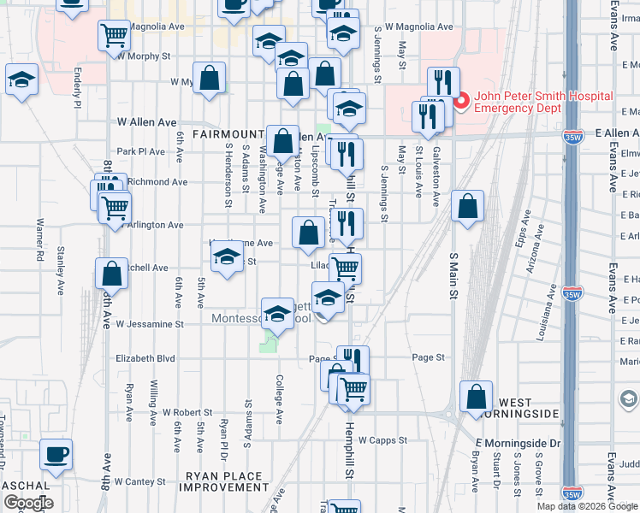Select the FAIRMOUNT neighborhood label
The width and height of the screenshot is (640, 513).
(228, 134)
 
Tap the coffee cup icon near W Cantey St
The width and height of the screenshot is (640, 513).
(56, 454)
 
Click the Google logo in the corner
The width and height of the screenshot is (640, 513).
(27, 503)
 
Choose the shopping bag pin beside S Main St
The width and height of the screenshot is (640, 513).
(467, 206)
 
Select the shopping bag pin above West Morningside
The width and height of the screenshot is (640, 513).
(476, 397)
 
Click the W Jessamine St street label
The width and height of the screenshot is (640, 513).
(151, 325)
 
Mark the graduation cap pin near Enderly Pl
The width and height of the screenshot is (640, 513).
(23, 80)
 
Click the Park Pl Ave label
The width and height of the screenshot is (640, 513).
(140, 151)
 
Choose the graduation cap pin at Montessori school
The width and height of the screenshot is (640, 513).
(277, 315)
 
